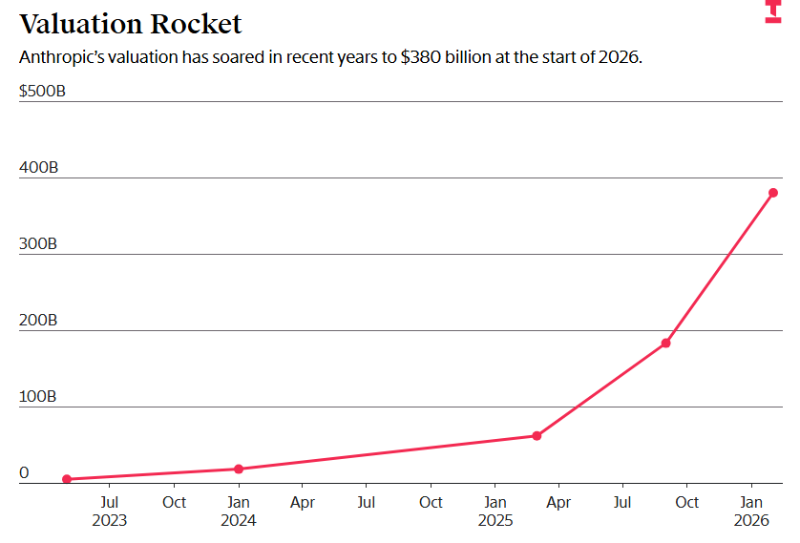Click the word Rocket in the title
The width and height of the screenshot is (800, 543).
coord(200,23)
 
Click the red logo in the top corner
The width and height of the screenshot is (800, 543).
coord(773,11)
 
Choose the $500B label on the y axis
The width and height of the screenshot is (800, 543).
coord(42,92)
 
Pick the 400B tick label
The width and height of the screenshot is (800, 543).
coord(38,168)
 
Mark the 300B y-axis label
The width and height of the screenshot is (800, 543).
coord(38,244)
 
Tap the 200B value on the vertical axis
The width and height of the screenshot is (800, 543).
coord(38,321)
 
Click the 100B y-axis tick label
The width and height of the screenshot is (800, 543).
coord(38,397)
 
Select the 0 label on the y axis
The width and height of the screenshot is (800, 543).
coord(24,473)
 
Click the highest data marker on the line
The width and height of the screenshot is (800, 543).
coord(773,193)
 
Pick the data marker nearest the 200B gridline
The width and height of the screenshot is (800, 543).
coord(666,343)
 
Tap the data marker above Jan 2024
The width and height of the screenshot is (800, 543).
coord(239,469)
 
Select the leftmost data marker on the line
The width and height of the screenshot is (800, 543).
coord(67,479)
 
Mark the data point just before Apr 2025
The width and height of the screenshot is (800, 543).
coord(537,435)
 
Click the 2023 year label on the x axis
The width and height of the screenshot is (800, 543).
coord(110,521)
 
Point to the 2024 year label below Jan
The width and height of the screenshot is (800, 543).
coord(239,521)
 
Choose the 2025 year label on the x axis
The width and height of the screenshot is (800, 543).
coord(495,521)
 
